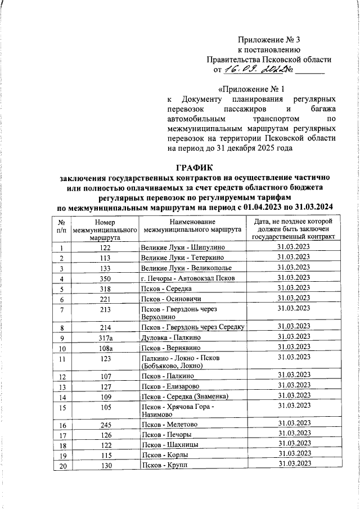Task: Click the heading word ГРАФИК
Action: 195,168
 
